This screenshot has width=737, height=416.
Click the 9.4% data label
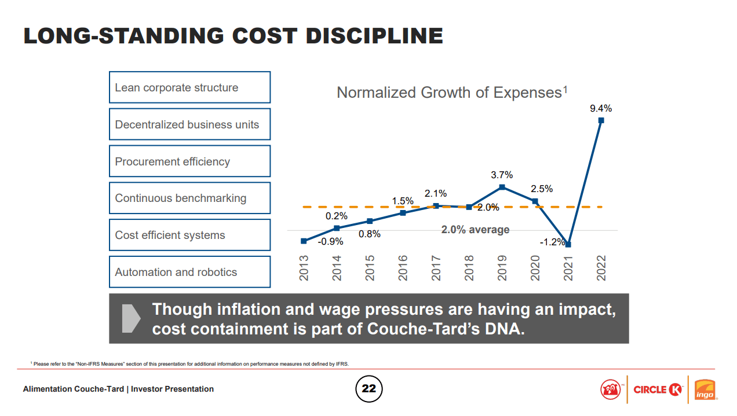[601, 108]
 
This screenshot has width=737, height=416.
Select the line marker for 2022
[601, 120]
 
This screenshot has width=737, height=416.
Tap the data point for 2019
[502, 187]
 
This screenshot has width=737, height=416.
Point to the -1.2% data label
[552, 242]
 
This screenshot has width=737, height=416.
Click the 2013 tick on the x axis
[304, 268]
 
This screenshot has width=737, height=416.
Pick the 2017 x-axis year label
[436, 268]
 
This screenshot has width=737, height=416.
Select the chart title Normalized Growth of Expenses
[451, 93]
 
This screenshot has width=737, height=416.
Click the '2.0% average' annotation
[475, 230]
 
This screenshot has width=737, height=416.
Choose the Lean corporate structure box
[189, 87]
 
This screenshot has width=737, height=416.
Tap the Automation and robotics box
[189, 272]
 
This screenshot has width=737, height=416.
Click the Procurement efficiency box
[189, 161]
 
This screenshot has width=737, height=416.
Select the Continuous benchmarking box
[189, 198]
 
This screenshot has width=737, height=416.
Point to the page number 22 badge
[368, 389]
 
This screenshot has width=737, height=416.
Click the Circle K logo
[657, 389]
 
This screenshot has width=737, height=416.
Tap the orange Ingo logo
[705, 389]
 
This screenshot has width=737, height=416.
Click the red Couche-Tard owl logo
[610, 389]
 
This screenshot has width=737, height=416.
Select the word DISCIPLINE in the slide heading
[374, 36]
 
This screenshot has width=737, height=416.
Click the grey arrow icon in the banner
[132, 318]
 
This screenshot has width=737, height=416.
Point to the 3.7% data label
[502, 175]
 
